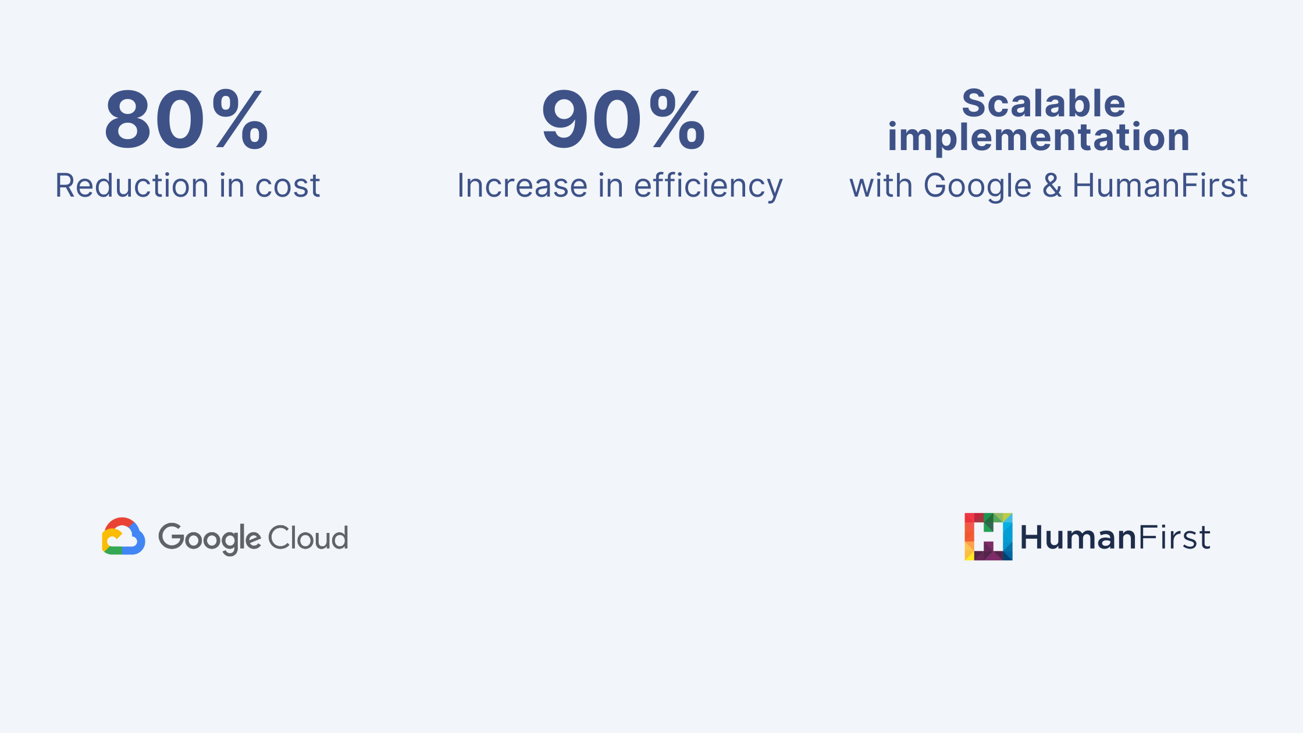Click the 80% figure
pyautogui.click(x=186, y=120)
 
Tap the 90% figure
pyautogui.click(x=623, y=120)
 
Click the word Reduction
pyautogui.click(x=131, y=186)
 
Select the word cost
pyautogui.click(x=287, y=186)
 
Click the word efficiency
pyautogui.click(x=708, y=187)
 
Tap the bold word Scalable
pyautogui.click(x=1044, y=104)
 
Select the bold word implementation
pyautogui.click(x=1038, y=137)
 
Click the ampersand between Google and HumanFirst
pyautogui.click(x=1052, y=186)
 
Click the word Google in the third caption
pyautogui.click(x=977, y=187)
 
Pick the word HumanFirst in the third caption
pyautogui.click(x=1159, y=186)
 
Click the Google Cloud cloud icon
pyautogui.click(x=123, y=536)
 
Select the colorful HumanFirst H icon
pyautogui.click(x=988, y=536)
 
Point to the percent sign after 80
pyautogui.click(x=240, y=120)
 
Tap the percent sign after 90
pyautogui.click(x=677, y=120)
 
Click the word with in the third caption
pyautogui.click(x=881, y=186)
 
